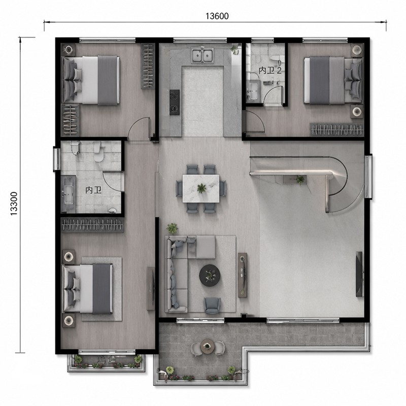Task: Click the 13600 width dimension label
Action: pyautogui.click(x=217, y=16)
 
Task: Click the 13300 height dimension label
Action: pyautogui.click(x=14, y=204)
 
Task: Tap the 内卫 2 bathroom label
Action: pyautogui.click(x=270, y=71)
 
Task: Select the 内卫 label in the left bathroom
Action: pyautogui.click(x=93, y=190)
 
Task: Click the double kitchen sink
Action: pyautogui.click(x=202, y=55)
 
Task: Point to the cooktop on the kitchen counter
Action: pyautogui.click(x=174, y=102)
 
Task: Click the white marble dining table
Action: pyautogui.click(x=201, y=188)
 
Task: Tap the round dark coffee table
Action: pyautogui.click(x=210, y=275)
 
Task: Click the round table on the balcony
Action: pyautogui.click(x=207, y=346)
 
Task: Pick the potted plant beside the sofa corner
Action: pyautogui.click(x=172, y=228)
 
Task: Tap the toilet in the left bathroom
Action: pyautogui.click(x=98, y=153)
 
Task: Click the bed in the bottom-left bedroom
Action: pyautogui.click(x=88, y=289)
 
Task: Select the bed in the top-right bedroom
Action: pyautogui.click(x=333, y=81)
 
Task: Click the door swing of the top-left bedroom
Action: pyautogui.click(x=139, y=128)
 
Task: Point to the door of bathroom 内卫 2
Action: pyautogui.click(x=273, y=95)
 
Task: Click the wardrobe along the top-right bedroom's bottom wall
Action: pyautogui.click(x=336, y=129)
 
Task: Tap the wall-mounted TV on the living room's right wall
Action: pyautogui.click(x=360, y=274)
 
